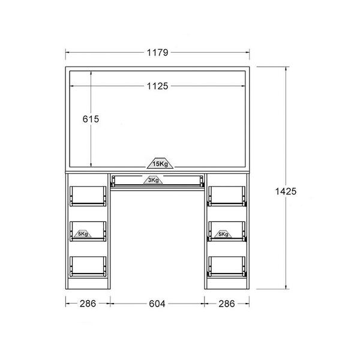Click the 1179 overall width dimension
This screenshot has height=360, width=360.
[157, 53]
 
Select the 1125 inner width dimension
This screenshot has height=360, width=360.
[157, 86]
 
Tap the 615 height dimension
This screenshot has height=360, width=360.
[91, 119]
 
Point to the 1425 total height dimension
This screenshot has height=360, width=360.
[286, 191]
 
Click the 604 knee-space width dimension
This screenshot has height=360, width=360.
[157, 304]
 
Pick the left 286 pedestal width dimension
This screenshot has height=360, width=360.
[88, 304]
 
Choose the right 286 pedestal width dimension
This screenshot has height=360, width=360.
[227, 304]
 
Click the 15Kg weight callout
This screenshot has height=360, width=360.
[160, 163]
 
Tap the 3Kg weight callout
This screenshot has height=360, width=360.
[153, 180]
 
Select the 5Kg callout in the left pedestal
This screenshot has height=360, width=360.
[83, 234]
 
